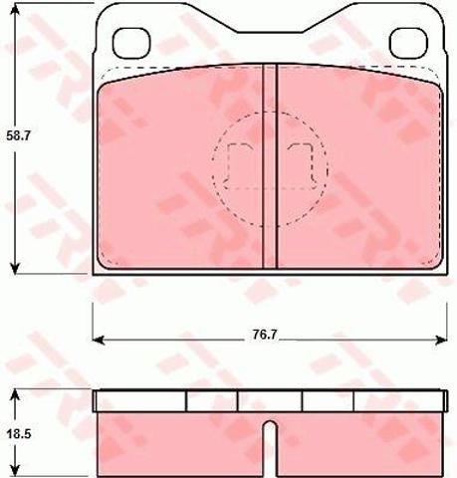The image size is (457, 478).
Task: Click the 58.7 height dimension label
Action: (x=18, y=136)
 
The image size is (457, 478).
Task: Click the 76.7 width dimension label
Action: (x=264, y=335)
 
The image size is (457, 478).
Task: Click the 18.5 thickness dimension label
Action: (x=18, y=433)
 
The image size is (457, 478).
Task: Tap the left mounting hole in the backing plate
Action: (x=131, y=43)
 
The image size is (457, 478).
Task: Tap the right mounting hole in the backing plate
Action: (x=409, y=43)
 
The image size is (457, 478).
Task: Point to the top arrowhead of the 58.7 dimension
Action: (x=15, y=9)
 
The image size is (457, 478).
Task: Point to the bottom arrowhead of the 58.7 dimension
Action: (x=15, y=268)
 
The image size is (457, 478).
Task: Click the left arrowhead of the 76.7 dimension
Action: (x=99, y=340)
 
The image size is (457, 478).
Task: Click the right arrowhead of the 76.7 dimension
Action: (x=441, y=340)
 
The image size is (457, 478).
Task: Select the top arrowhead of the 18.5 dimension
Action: (x=15, y=395)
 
